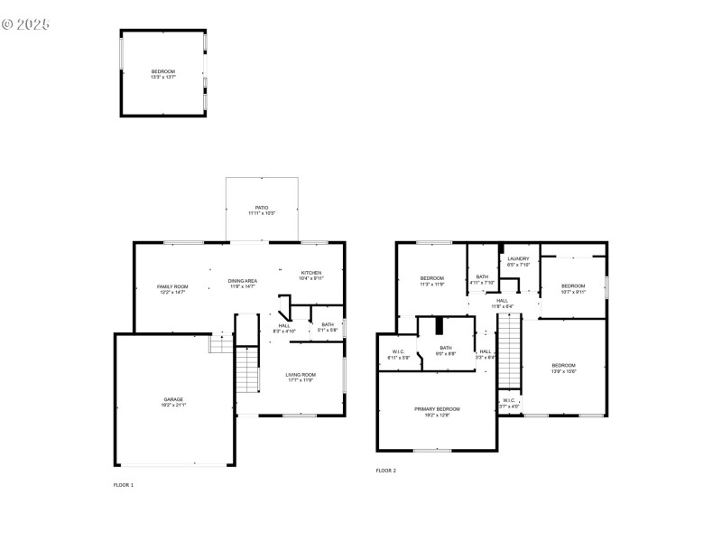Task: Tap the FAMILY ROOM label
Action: [171, 289]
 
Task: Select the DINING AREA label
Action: [243, 284]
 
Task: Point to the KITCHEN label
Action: [310, 275]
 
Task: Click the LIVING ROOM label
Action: [301, 377]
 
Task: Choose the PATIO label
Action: [262, 210]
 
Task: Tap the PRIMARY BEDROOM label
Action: [437, 412]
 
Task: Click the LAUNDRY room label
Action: [518, 262]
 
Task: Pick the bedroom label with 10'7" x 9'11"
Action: [573, 289]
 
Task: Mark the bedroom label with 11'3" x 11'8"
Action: [431, 280]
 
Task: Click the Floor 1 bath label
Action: [327, 327]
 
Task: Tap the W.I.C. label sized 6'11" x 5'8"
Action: [398, 354]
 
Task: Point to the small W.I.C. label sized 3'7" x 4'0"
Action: [509, 403]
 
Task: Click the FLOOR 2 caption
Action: [385, 471]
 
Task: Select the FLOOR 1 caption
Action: [123, 485]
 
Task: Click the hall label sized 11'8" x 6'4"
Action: [502, 304]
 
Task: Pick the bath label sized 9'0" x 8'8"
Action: [446, 350]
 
